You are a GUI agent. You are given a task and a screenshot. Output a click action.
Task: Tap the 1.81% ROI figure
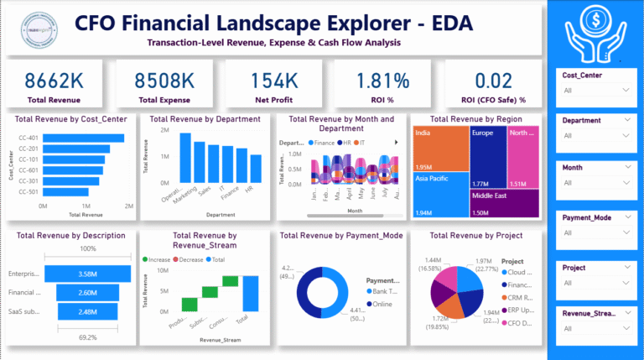click(x=382, y=81)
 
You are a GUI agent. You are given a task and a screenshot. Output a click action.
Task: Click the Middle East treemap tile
click(x=504, y=203)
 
